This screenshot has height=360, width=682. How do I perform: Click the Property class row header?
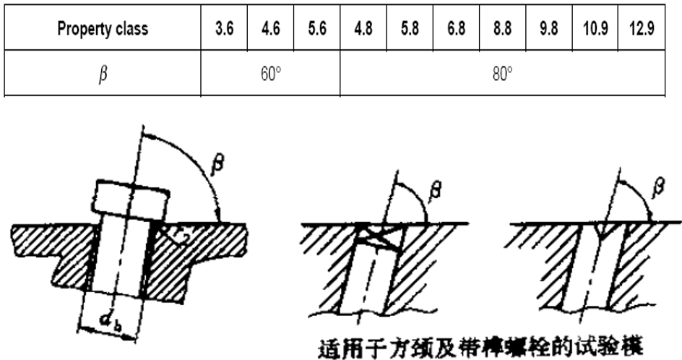pyautogui.click(x=103, y=30)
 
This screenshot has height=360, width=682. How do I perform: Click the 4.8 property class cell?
pyautogui.click(x=363, y=30)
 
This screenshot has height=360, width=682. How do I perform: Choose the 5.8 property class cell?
pyautogui.click(x=409, y=30)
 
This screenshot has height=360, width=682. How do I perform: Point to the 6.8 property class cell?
pyautogui.click(x=455, y=30)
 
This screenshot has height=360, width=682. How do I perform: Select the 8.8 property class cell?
pyautogui.click(x=502, y=30)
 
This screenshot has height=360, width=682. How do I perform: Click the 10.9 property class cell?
pyautogui.click(x=595, y=30)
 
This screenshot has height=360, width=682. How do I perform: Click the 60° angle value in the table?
pyautogui.click(x=269, y=74)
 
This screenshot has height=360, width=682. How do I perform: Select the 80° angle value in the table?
pyautogui.click(x=502, y=74)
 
